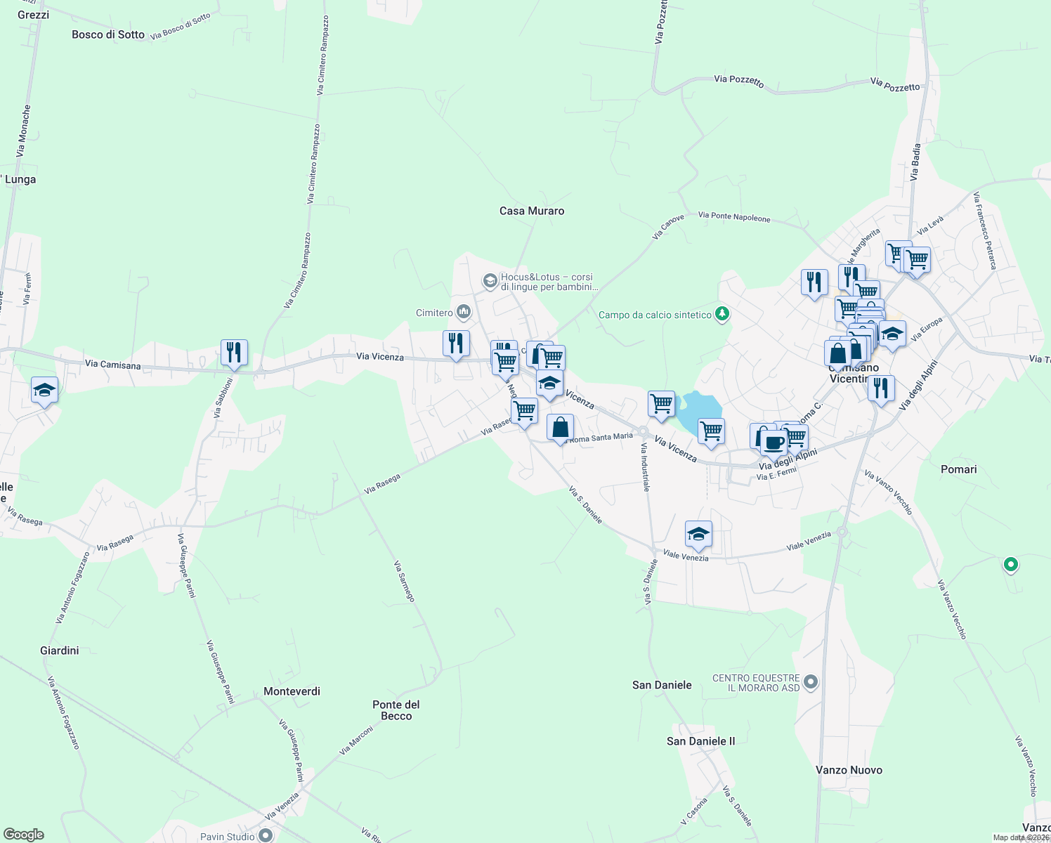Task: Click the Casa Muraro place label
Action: pyautogui.click(x=531, y=211)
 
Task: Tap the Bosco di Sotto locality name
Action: pyautogui.click(x=108, y=34)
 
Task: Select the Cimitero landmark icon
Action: pyautogui.click(x=463, y=312)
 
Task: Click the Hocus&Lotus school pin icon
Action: pyautogui.click(x=490, y=282)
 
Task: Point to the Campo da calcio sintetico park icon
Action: pyautogui.click(x=722, y=314)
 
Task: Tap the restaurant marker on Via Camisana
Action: pyautogui.click(x=234, y=352)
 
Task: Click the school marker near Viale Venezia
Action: pyautogui.click(x=698, y=534)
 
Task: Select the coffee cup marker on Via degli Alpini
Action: pyautogui.click(x=774, y=443)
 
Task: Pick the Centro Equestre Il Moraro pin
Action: pyautogui.click(x=811, y=681)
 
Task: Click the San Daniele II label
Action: pyautogui.click(x=700, y=741)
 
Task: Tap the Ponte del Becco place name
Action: pyautogui.click(x=396, y=710)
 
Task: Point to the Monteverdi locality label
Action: pyautogui.click(x=292, y=691)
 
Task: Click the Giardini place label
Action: pyautogui.click(x=60, y=651)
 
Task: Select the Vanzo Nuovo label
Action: pyautogui.click(x=849, y=770)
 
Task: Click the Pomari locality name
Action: pyautogui.click(x=958, y=469)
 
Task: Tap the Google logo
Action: pyautogui.click(x=24, y=835)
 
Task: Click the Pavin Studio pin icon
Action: pyautogui.click(x=265, y=835)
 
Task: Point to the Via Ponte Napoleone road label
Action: pyautogui.click(x=734, y=217)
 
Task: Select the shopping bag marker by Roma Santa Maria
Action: pyautogui.click(x=560, y=427)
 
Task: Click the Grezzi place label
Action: pyautogui.click(x=33, y=15)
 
